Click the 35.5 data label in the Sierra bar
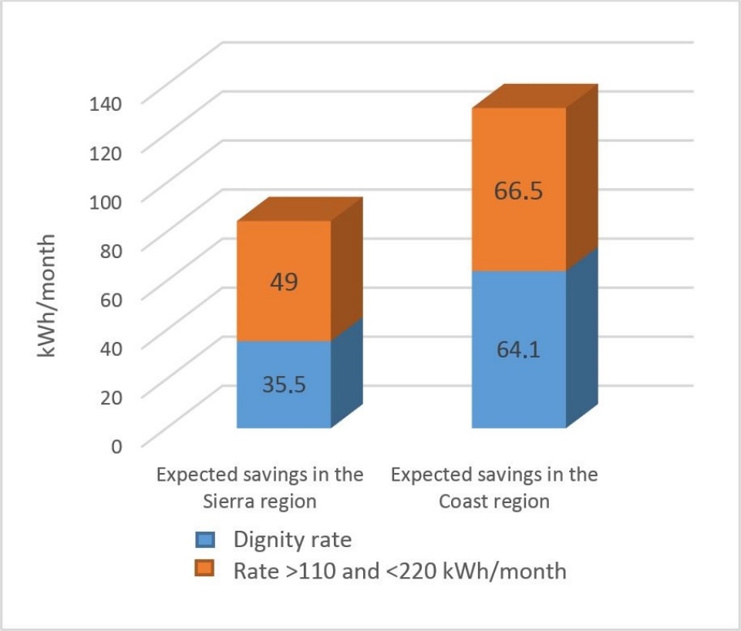point(283,384)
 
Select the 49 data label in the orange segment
point(283,282)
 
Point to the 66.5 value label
point(518,190)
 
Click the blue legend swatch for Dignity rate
point(206,540)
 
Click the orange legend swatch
point(206,571)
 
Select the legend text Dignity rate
point(292,540)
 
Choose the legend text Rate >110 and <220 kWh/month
point(399,571)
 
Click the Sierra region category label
point(260,487)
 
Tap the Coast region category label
point(494,487)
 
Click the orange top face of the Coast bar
point(535,96)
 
